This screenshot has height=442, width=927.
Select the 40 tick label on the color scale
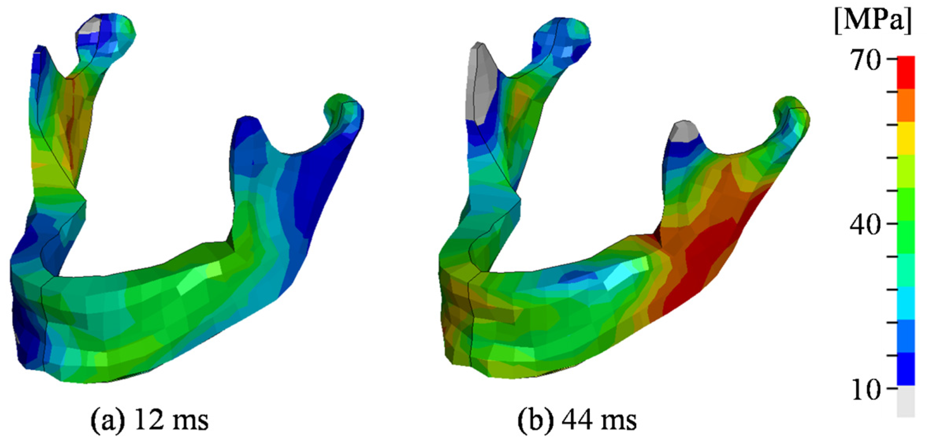point(865,225)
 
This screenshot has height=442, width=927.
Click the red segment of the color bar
point(906,73)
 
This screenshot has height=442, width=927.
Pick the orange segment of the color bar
point(906,106)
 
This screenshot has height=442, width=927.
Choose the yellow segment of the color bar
point(906,139)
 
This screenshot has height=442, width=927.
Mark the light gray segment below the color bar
point(906,401)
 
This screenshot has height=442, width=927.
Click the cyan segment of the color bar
point(906,303)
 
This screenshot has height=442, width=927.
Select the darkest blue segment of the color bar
point(906,369)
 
